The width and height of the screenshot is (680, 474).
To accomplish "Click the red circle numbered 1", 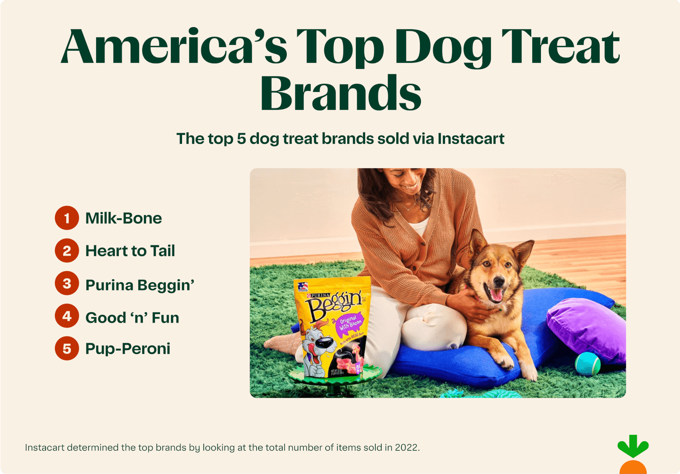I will click(67, 218).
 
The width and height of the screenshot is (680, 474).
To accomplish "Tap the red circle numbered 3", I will click(67, 284).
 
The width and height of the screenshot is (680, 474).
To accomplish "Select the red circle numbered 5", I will click(67, 348).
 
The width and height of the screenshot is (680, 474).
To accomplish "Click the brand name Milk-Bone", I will click(124, 218).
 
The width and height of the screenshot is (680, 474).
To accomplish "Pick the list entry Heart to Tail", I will click(130, 251).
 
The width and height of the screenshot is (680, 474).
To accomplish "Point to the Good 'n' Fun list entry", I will click(132, 318).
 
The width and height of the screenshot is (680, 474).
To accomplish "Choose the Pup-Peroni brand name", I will click(128, 349).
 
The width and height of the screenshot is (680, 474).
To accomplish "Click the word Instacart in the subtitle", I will click(471, 139).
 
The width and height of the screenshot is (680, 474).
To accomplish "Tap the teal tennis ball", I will click(588, 363).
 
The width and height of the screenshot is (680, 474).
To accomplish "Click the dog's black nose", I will click(499, 282).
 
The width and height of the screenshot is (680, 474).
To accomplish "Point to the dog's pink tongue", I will click(496, 295).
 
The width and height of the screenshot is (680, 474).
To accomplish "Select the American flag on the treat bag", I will click(303, 286).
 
